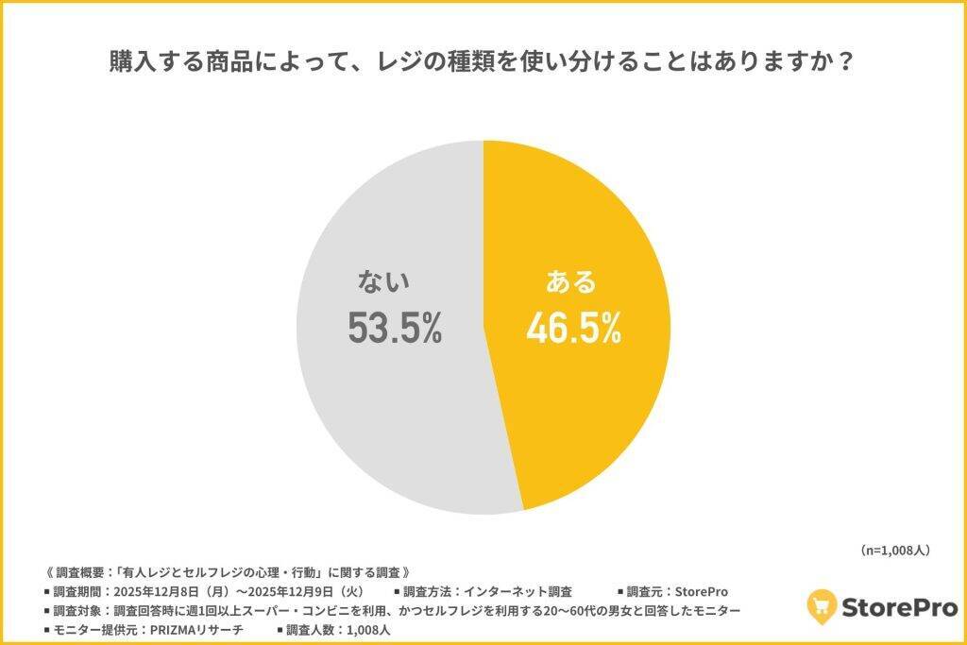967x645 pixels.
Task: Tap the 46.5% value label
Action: coord(574,328)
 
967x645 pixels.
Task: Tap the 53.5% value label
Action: coord(395,328)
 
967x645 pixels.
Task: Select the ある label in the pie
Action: coord(571,281)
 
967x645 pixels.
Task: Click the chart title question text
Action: coord(483,63)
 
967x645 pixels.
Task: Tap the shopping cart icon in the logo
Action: coord(822,606)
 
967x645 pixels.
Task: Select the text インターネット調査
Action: coord(516,592)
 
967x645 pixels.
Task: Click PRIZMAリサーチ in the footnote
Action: coord(196,630)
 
